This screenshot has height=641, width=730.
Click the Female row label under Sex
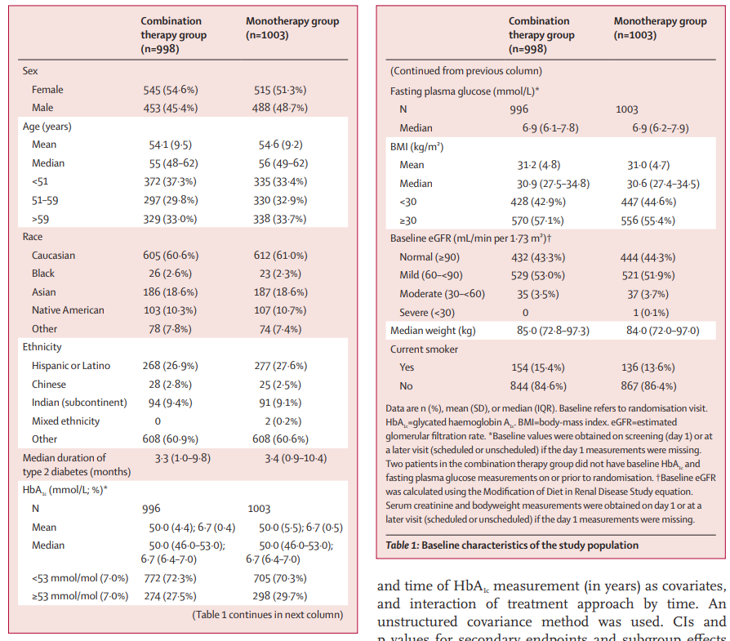point(47,90)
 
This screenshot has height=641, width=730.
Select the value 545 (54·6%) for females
point(171,90)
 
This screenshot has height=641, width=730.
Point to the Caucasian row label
point(54,256)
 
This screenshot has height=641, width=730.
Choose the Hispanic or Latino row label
point(71,366)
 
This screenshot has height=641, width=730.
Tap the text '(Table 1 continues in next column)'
point(268,614)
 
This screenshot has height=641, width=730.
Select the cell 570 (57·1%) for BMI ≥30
point(536,220)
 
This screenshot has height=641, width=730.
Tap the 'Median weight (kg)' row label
point(433,331)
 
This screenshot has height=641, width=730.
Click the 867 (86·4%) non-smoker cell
point(648,385)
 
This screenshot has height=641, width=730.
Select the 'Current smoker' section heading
point(424,349)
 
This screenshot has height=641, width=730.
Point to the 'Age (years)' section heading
point(51,127)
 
